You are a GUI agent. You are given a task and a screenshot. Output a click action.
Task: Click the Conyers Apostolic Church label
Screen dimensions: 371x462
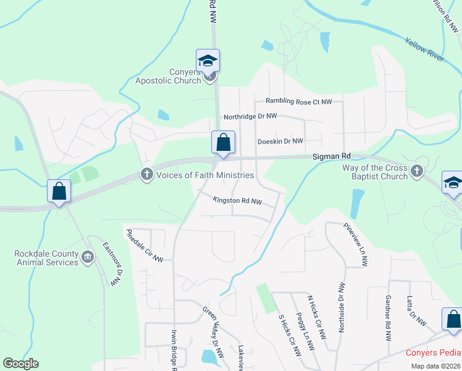[x=169, y=76]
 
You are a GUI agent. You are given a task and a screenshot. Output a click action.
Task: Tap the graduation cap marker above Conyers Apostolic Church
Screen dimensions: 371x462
[x=208, y=61]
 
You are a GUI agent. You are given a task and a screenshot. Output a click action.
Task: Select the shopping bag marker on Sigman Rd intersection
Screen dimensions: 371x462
[x=223, y=142]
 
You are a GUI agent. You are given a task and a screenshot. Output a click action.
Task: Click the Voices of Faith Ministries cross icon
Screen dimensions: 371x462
[x=147, y=174]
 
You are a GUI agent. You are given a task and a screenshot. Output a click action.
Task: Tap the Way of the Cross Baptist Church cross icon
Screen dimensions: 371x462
[x=417, y=169]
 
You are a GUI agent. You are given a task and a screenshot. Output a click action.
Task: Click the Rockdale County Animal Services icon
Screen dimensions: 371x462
[x=87, y=256]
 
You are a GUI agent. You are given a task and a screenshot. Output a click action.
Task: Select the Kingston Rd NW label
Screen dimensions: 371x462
[x=237, y=201]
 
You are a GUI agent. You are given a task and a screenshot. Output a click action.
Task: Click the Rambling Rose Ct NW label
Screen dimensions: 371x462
[x=298, y=101]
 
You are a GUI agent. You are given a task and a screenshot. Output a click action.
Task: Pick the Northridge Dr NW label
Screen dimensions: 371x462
[x=250, y=116]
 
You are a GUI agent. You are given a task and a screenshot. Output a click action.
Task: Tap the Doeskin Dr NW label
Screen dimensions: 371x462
[x=280, y=141]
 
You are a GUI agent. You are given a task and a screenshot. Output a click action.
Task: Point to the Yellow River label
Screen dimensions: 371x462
[x=424, y=49]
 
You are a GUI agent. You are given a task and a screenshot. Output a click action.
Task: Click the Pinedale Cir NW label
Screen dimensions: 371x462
[x=145, y=245]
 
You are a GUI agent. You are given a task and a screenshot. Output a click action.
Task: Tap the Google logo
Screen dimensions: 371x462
[x=20, y=364]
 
